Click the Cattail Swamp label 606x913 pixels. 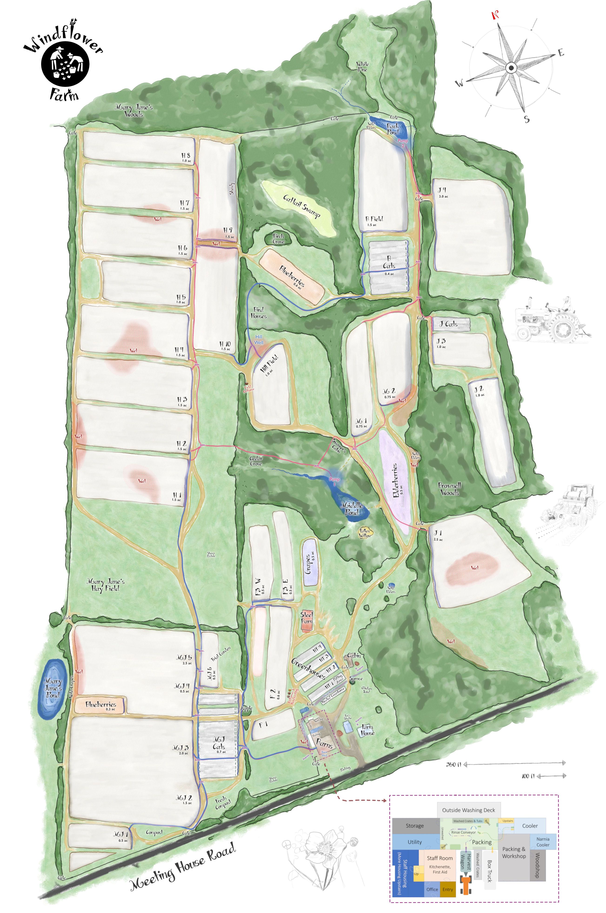coord(301,206)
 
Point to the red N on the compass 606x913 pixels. coord(494,15)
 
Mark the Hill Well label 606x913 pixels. coord(259,339)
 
